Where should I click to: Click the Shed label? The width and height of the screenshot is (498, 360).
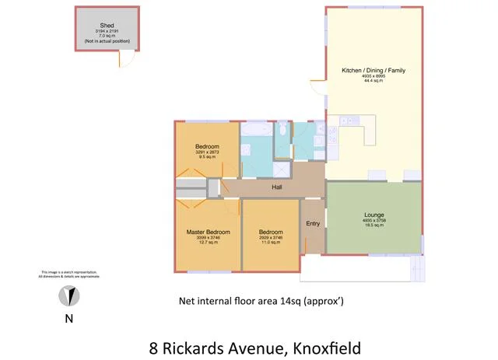click(x=107, y=26)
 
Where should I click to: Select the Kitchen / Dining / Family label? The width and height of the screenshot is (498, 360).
click(x=373, y=70)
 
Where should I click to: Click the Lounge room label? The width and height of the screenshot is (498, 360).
click(x=373, y=215)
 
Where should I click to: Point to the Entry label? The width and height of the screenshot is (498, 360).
click(x=313, y=224)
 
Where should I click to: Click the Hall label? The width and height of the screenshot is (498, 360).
click(x=276, y=187)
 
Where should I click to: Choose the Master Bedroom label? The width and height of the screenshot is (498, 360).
click(x=207, y=232)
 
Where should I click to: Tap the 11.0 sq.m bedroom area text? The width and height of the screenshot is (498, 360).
click(x=270, y=243)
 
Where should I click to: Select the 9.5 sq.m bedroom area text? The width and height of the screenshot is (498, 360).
click(x=207, y=157)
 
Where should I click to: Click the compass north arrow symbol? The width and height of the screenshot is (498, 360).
click(x=69, y=296)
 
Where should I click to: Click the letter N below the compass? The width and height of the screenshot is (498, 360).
click(x=69, y=318)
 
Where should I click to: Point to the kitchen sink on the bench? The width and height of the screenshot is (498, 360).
click(x=345, y=121)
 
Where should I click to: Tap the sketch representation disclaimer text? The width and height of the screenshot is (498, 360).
click(x=69, y=274)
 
